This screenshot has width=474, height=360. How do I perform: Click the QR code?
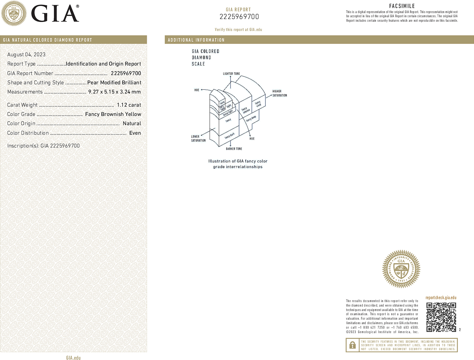[x=441, y=317]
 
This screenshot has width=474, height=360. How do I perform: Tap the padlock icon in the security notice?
[x=352, y=345]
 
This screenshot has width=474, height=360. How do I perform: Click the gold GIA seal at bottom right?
[x=401, y=269]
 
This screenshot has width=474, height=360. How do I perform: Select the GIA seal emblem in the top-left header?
[x=14, y=13]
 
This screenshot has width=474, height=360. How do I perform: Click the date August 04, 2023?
[x=26, y=55]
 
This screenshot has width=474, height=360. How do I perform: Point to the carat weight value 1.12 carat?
[x=129, y=105]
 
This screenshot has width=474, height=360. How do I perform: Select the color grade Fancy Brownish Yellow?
[x=113, y=114]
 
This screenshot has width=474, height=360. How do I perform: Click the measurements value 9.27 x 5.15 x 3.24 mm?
[x=114, y=92]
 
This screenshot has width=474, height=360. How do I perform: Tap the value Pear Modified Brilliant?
[x=114, y=83]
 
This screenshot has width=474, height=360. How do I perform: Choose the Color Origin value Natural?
[x=132, y=123]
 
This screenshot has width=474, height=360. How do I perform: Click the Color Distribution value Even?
[x=135, y=133]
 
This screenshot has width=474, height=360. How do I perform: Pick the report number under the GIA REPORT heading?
[x=239, y=17]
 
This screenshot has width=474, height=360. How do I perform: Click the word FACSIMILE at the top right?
[x=402, y=6]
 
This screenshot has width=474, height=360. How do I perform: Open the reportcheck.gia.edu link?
[x=441, y=298]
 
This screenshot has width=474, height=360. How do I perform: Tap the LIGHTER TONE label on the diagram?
[x=231, y=74]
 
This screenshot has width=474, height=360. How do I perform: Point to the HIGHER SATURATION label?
[x=279, y=93]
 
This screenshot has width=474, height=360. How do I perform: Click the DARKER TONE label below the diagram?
[x=234, y=149]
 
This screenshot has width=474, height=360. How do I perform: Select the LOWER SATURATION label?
[x=198, y=138]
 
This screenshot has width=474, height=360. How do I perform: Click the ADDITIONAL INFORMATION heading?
[x=196, y=40]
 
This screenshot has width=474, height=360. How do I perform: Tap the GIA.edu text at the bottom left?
[x=73, y=358]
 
